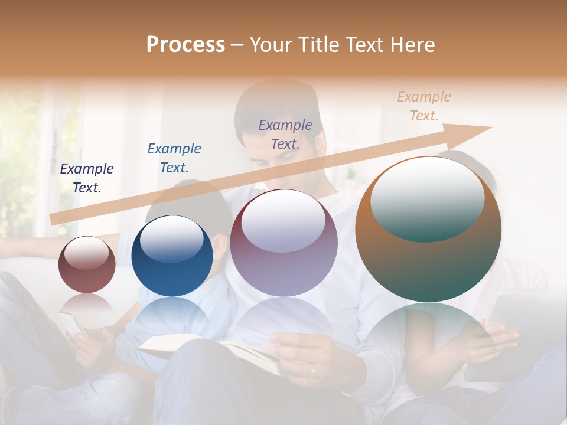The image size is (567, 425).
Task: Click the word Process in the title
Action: coord(185,45)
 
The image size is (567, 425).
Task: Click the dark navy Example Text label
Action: coord(87,178)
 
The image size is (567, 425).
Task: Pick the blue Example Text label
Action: coord(174,158)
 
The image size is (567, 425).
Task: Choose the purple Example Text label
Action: coord(285,134)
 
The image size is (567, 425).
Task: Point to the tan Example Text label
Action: coord(424,106)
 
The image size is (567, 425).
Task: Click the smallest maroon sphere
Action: coord(87,265)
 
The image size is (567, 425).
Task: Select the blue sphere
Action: coord(172,256)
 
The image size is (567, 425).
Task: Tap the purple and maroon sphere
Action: coord(284,243)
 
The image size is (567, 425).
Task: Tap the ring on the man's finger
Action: coord(313,370)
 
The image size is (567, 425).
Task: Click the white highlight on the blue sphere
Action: coord(172,239)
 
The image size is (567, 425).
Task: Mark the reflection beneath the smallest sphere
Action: coord(87,304)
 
